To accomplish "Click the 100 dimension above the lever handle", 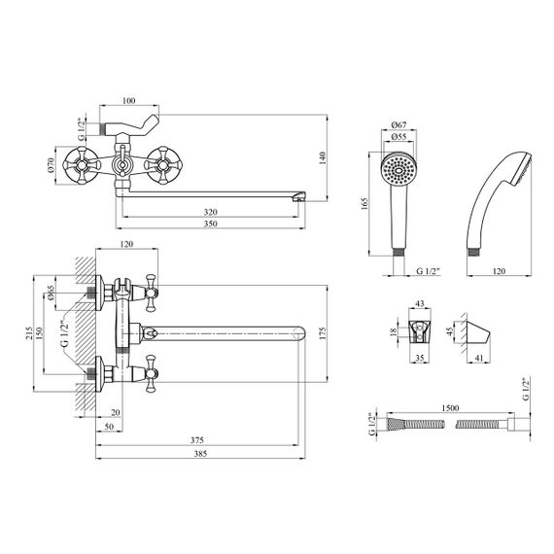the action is (x=128, y=101).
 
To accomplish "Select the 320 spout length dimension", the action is (x=211, y=212).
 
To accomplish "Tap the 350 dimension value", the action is (x=211, y=224).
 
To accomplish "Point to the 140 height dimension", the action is (x=323, y=158).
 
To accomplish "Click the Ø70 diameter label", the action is (x=51, y=165).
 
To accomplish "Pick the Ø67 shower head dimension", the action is (x=398, y=124).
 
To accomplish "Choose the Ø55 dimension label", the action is (x=398, y=136).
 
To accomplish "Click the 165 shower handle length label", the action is (x=364, y=204).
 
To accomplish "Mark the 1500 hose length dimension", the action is (x=450, y=408).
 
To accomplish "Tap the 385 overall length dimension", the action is (x=200, y=453).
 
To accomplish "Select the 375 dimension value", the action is (x=197, y=440).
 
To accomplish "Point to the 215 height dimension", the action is (x=29, y=333).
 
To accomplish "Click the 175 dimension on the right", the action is (x=323, y=333).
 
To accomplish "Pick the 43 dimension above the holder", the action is (x=420, y=303).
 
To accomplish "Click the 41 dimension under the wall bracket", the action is (x=479, y=358).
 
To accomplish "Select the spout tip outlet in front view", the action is (x=299, y=196).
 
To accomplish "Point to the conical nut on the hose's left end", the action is (x=395, y=424).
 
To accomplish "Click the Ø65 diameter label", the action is (x=51, y=293).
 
